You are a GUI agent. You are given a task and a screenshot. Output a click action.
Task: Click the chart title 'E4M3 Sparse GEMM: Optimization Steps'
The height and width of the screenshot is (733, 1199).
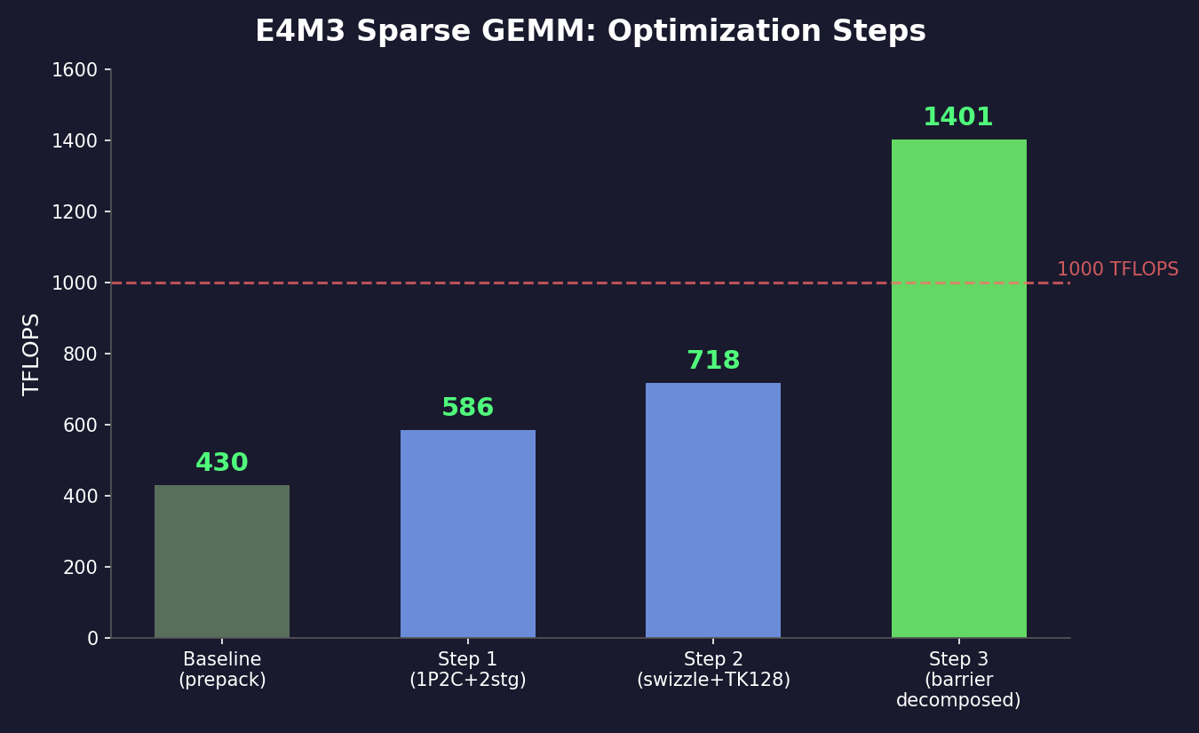[591, 32]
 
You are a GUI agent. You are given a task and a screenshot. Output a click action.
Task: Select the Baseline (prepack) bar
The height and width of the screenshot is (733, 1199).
[222, 562]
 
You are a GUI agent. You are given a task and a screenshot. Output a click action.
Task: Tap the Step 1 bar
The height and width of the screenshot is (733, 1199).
[468, 534]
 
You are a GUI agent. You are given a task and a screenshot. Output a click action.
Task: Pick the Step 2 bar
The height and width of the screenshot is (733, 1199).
[713, 511]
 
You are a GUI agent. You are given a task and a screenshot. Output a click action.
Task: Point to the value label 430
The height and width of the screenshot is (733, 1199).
[222, 463]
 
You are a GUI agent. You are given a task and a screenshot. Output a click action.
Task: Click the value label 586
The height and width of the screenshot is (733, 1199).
[468, 408]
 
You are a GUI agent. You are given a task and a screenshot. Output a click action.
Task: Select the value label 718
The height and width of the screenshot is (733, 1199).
[713, 361]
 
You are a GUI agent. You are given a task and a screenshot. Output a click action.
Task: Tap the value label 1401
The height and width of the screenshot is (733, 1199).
[958, 117]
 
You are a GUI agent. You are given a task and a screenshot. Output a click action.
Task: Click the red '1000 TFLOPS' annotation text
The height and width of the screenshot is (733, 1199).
[1117, 269]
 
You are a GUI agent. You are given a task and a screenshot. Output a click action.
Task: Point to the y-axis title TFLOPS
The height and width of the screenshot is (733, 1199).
[32, 354]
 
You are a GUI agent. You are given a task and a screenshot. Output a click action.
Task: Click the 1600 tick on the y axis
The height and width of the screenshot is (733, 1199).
[75, 70]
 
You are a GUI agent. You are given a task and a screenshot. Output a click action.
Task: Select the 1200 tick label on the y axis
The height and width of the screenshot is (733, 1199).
[75, 212]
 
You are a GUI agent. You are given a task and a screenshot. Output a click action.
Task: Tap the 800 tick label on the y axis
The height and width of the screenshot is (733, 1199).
[80, 355]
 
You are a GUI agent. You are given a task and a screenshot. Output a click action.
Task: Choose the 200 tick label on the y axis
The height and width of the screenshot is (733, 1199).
[80, 568]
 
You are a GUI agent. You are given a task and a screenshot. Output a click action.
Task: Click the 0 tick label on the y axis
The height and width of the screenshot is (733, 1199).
[92, 639]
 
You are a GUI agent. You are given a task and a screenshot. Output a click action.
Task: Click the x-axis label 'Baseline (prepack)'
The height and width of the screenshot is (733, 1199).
[222, 670]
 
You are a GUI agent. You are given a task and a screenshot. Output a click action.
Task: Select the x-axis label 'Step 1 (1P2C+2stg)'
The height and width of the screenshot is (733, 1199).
[468, 670]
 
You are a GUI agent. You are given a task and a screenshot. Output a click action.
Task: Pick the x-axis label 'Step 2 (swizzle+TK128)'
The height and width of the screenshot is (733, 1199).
[713, 670]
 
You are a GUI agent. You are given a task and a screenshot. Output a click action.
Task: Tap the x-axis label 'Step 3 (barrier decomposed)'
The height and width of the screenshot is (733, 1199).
[958, 680]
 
